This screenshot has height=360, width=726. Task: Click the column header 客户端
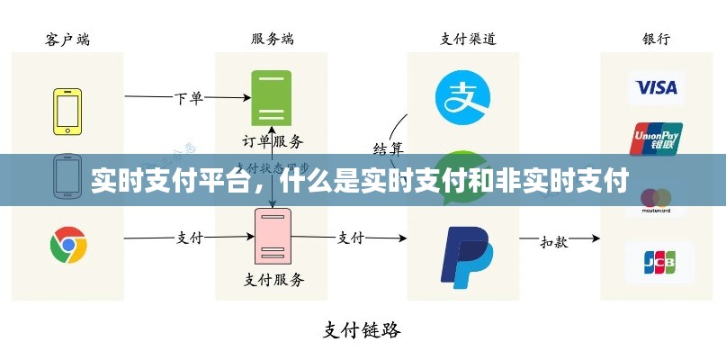coord(67,39)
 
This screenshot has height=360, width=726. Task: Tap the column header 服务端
coord(272,39)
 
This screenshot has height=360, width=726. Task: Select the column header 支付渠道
coord(468,39)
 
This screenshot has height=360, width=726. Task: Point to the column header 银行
coord(656,39)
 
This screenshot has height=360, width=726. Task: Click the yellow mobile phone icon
coord(67,111)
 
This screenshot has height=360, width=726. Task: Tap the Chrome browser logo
coord(68,244)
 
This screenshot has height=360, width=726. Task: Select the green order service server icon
coord(273,96)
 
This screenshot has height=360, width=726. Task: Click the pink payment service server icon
coord(272,236)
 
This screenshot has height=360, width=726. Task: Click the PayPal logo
coord(465,256)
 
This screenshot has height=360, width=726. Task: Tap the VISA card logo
coord(656,87)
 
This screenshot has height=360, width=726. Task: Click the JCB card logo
coord(657,262)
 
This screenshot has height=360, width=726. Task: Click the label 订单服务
coord(273,140)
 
